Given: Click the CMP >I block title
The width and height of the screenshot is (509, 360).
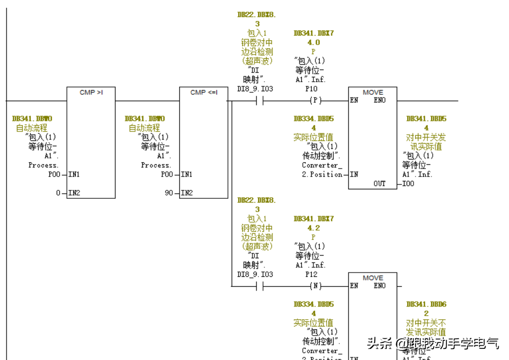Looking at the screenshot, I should [x=91, y=92].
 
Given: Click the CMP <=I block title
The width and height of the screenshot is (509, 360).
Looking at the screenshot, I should [x=204, y=92].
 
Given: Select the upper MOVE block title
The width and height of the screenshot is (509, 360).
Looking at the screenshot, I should [x=373, y=92].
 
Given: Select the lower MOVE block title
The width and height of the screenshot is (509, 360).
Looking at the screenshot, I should [x=373, y=278].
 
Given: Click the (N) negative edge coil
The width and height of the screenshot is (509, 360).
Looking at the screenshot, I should [x=315, y=286].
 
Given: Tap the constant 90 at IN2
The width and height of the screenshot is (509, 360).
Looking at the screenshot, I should [x=169, y=193].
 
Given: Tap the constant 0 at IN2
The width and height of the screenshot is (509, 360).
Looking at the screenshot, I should [x=58, y=193].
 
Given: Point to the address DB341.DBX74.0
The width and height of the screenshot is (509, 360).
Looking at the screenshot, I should [x=314, y=38].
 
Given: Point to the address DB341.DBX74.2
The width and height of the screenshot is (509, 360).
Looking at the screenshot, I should [x=314, y=223].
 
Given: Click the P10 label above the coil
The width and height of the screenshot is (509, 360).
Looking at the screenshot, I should [x=311, y=89].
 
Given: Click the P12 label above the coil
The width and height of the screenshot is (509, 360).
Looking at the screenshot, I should [x=311, y=274].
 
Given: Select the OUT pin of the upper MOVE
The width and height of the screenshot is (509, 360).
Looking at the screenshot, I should [x=380, y=183].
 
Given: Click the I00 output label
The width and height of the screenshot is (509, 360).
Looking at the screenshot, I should [x=408, y=183].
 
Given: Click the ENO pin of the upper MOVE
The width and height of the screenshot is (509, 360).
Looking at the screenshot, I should [x=380, y=100].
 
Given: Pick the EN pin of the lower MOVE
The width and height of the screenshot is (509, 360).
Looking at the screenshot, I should [x=355, y=286].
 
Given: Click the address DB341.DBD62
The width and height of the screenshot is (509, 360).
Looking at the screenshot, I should [x=426, y=309].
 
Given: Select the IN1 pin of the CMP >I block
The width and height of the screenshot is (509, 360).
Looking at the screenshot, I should [x=74, y=174].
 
